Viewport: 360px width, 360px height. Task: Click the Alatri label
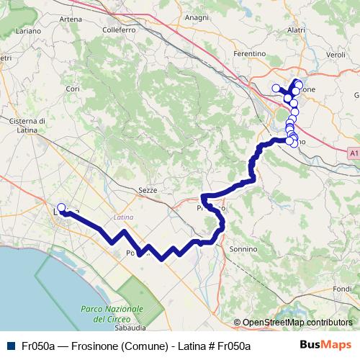(x=296, y=30)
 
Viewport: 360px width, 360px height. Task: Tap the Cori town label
(x=71, y=89)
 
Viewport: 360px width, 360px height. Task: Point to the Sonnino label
(x=243, y=248)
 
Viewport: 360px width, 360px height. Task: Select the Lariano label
(x=27, y=32)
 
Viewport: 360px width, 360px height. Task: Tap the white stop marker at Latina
(x=61, y=209)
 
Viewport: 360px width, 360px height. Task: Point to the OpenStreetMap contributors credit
(x=297, y=323)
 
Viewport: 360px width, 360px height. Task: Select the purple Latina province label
(x=124, y=217)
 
